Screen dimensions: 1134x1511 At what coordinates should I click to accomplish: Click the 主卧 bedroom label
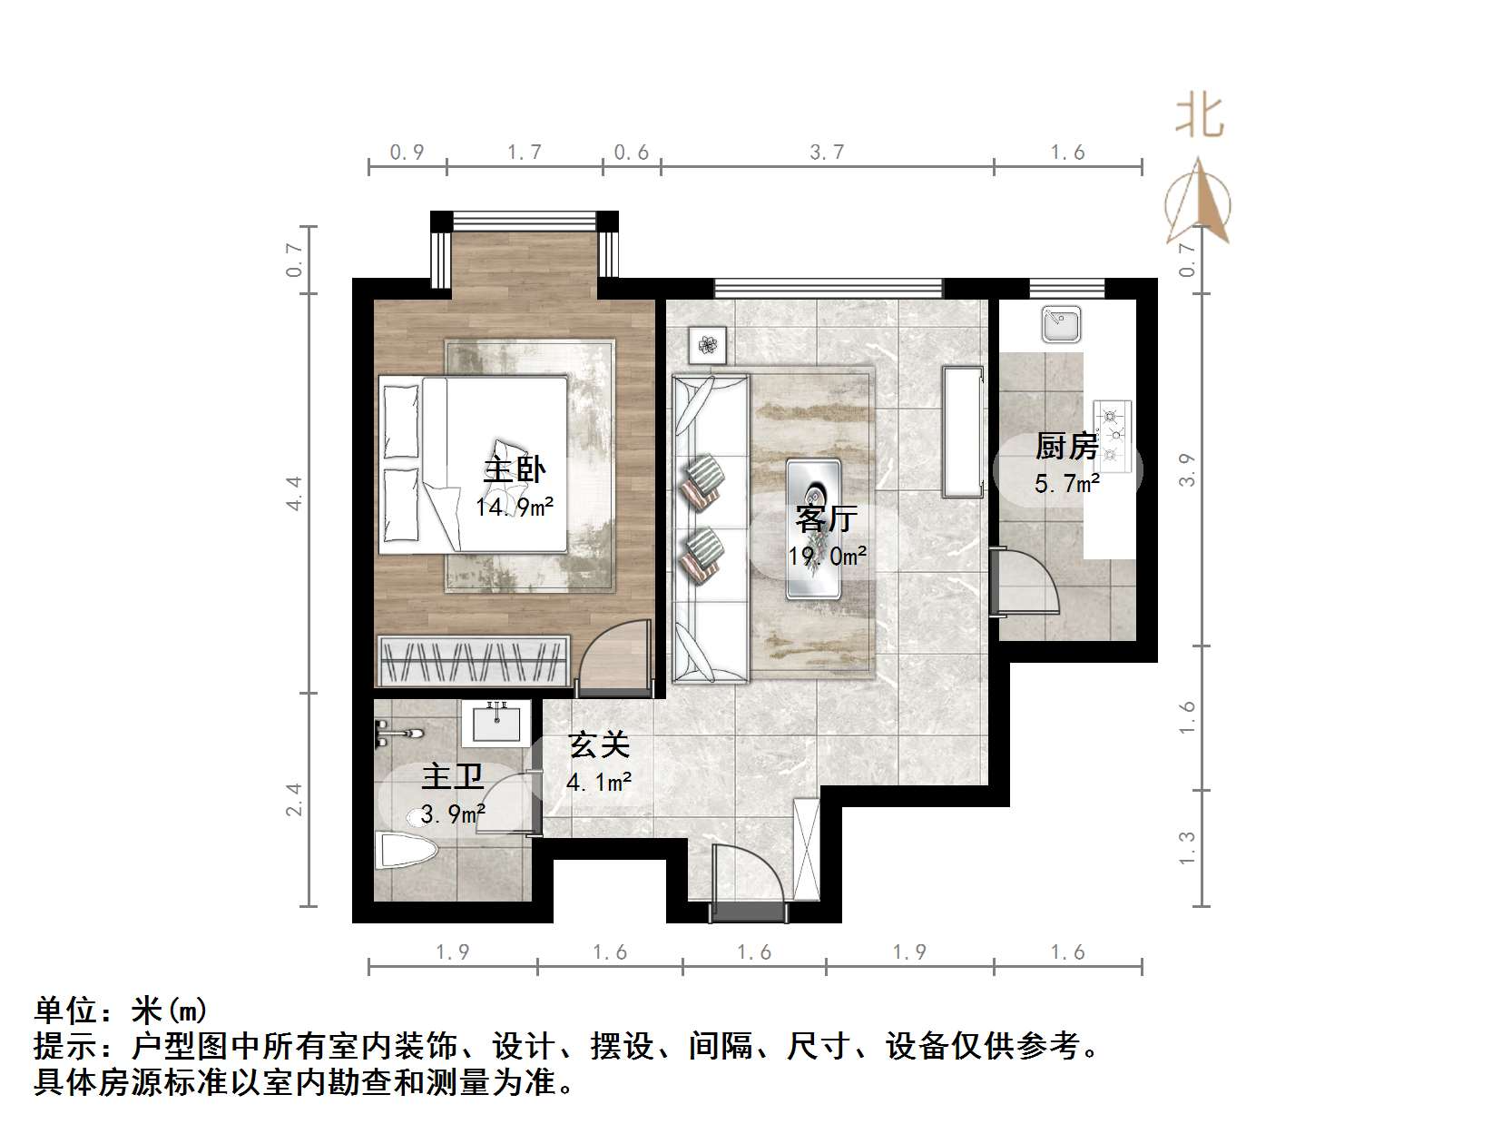coord(514,469)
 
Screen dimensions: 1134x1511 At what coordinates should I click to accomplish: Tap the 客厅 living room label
coord(826,518)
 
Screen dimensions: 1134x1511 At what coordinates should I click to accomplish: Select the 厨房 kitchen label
coord(1066,447)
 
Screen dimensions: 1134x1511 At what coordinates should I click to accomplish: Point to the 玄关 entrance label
coord(599,745)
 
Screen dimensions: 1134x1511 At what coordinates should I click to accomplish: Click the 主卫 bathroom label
coord(452,777)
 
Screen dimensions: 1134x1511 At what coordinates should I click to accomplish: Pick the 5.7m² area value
coord(1067,484)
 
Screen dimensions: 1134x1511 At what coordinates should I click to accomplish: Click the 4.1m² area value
coord(599,781)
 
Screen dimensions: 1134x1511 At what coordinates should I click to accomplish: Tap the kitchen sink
coord(1061,324)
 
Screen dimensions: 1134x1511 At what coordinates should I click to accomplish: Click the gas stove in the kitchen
coord(1113,435)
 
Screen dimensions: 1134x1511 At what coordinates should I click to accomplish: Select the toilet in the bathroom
coord(407,852)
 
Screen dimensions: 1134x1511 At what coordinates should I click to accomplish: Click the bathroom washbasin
coord(495,724)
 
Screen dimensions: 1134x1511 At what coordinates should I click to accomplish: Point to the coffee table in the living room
coord(813,528)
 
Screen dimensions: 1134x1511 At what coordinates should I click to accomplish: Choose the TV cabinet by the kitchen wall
coord(962,431)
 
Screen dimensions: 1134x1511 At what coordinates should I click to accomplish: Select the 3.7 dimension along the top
coord(827,152)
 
